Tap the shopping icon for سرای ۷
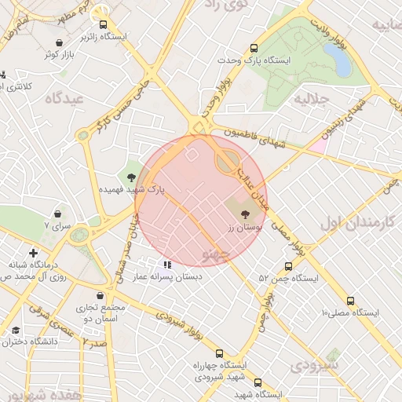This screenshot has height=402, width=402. coord(59,213)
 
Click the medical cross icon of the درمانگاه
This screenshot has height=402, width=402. coord(33,253)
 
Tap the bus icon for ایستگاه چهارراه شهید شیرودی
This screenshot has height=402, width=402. coord(218,353)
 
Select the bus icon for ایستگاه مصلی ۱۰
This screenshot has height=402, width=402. coord(350,300)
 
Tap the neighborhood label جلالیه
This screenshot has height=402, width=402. coord(309,100)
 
